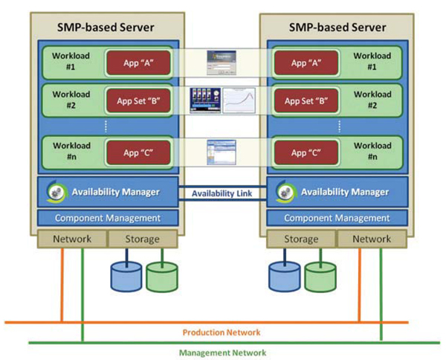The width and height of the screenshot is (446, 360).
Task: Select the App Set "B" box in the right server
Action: point(302,99)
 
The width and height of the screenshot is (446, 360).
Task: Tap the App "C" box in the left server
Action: point(139,152)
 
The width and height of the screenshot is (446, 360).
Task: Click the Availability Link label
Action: point(222,193)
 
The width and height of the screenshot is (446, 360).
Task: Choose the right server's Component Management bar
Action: point(337,218)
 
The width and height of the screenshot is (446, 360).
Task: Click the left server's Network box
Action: point(72,239)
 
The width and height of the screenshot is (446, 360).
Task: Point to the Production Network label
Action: point(222,332)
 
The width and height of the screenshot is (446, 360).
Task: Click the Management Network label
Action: point(222,353)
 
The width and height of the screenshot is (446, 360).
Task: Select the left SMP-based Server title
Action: point(106,28)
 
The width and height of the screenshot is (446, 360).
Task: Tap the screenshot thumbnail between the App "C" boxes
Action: point(221,152)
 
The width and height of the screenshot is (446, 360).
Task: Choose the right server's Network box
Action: point(371,239)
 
